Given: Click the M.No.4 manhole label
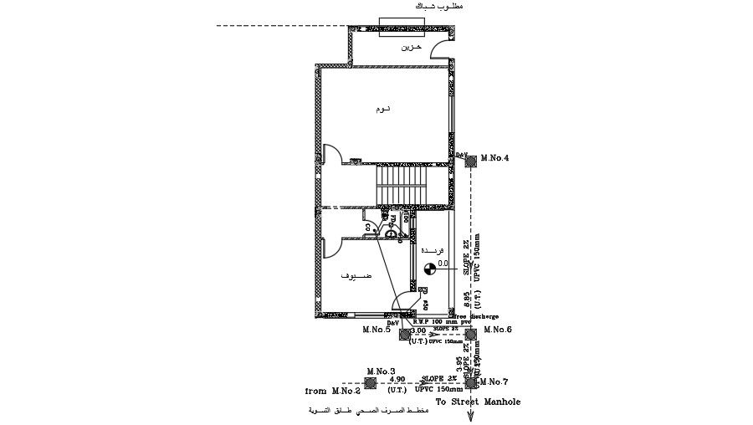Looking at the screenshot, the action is pyautogui.click(x=495, y=157).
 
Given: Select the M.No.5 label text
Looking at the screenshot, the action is pyautogui.click(x=376, y=330).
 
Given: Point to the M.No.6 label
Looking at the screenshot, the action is pyautogui.click(x=497, y=330).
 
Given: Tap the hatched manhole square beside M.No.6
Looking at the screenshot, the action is pyautogui.click(x=471, y=334).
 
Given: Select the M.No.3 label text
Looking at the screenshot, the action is pyautogui.click(x=381, y=370).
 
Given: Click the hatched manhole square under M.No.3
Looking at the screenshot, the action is pyautogui.click(x=371, y=382).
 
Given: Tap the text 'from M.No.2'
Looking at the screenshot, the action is pyautogui.click(x=332, y=391).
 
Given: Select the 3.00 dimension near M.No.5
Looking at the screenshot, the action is pyautogui.click(x=417, y=332).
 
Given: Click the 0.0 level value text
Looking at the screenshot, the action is pyautogui.click(x=443, y=263).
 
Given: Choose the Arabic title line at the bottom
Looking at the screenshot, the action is pyautogui.click(x=369, y=412).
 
